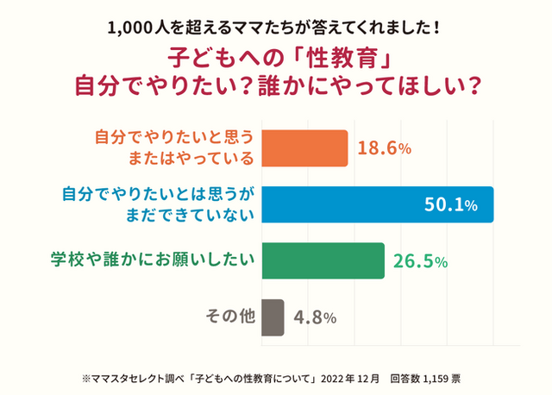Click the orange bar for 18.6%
304,147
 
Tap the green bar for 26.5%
322,260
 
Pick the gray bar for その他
272,316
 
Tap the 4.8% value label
315,317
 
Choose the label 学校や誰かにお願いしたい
152,260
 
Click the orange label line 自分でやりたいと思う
173,136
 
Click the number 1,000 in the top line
129,27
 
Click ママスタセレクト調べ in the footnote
132,377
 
